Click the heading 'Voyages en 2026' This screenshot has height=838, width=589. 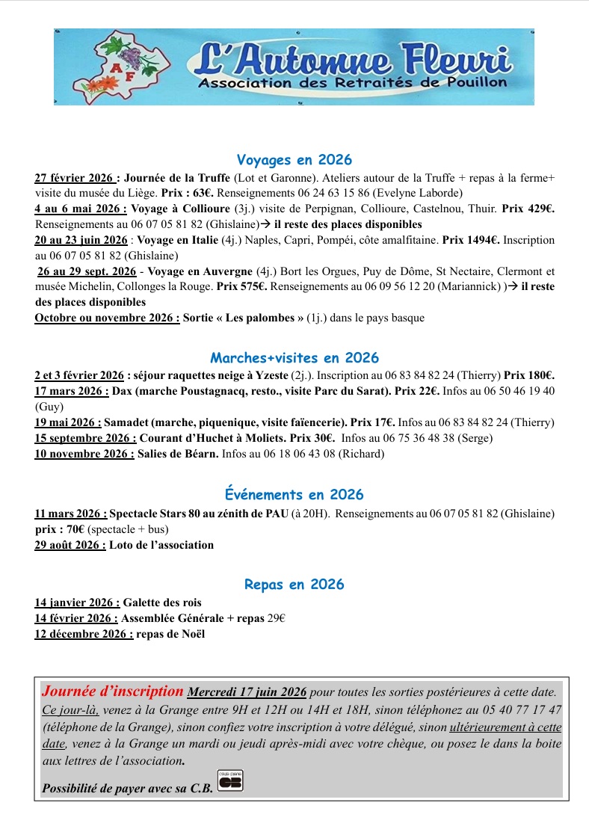pos(294,160)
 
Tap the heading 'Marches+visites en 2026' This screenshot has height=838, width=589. pos(294,357)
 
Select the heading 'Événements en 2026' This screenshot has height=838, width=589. pos(294,495)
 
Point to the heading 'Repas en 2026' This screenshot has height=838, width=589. pos(294,585)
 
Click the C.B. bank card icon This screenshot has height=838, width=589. pos(231,781)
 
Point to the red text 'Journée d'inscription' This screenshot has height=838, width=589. pos(113,691)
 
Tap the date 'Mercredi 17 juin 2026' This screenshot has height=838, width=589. pos(247,691)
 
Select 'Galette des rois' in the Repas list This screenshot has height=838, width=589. pos(162,603)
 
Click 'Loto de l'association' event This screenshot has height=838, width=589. pos(161,545)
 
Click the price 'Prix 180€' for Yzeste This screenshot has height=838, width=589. pos(528,375)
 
